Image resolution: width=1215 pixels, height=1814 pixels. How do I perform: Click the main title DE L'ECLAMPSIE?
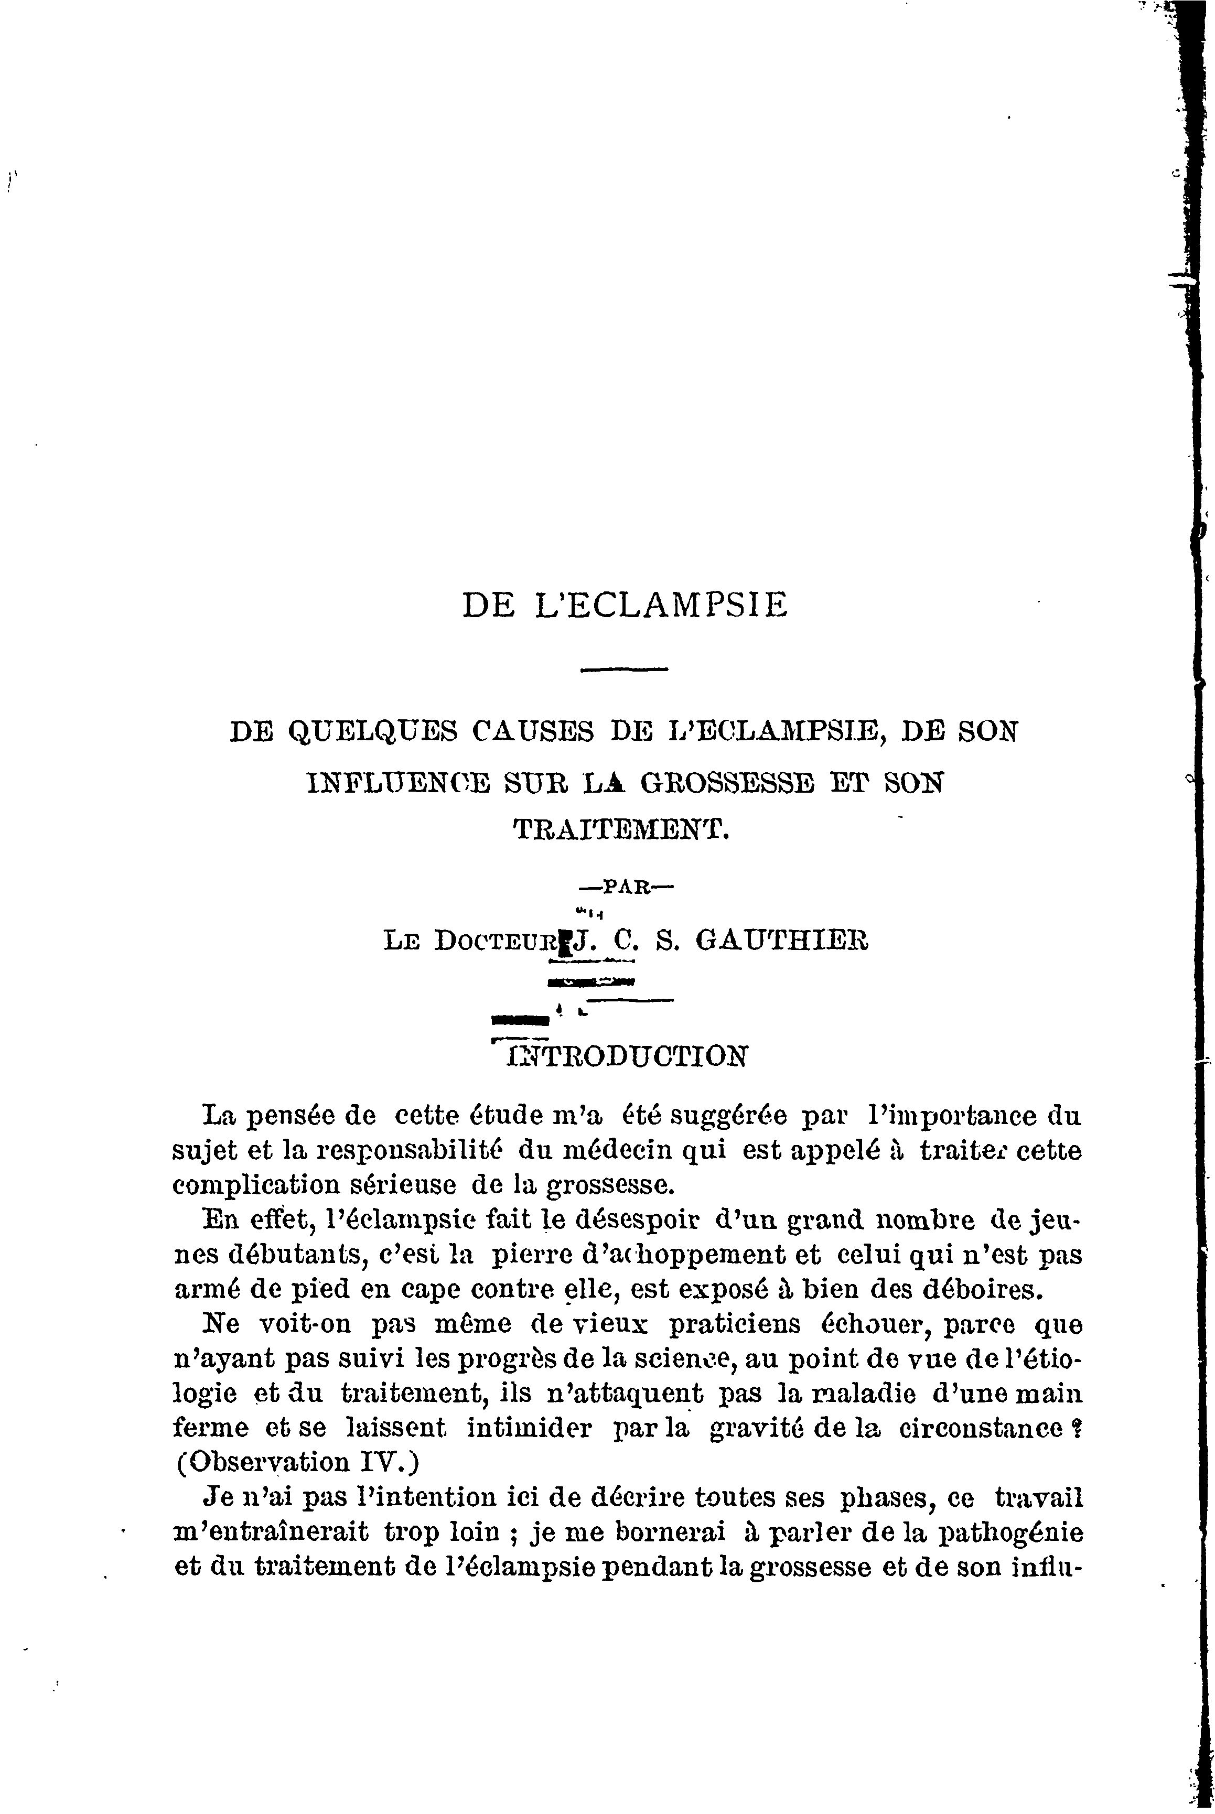(x=625, y=605)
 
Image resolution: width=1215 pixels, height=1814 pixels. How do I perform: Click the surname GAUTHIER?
(x=782, y=941)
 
